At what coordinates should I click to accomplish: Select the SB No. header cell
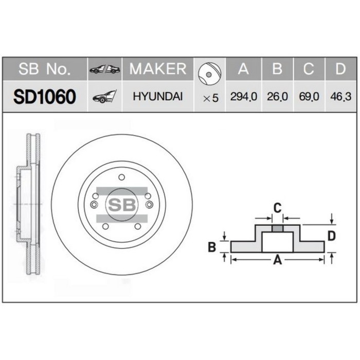coord(45,69)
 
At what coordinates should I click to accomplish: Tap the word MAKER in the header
coord(158,69)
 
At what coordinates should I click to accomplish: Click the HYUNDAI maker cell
coord(157,96)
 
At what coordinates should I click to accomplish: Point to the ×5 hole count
coord(211,97)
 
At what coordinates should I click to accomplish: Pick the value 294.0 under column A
coord(244,97)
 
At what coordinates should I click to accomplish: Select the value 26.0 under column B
coord(277,97)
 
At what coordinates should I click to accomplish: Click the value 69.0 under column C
coord(308,97)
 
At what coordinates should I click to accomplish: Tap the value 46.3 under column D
coord(339,97)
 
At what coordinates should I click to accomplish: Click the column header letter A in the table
coord(243,69)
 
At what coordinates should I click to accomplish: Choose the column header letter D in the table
coord(339,69)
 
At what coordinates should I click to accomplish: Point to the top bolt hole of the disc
coord(122,178)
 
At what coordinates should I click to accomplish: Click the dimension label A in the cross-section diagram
coord(277,260)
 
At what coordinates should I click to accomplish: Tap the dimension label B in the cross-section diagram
coord(211,248)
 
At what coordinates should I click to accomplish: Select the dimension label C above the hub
coord(277,208)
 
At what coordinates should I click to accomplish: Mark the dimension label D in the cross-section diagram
coord(332,236)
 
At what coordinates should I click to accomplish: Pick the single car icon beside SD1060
coord(104,97)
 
